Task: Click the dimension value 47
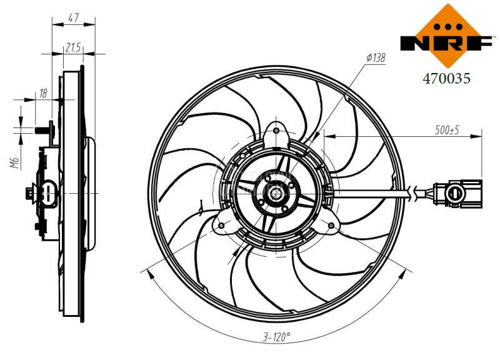[x=73, y=17]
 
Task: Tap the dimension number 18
[x=43, y=94]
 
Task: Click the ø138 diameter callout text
[x=375, y=57]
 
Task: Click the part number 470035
[x=446, y=79]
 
